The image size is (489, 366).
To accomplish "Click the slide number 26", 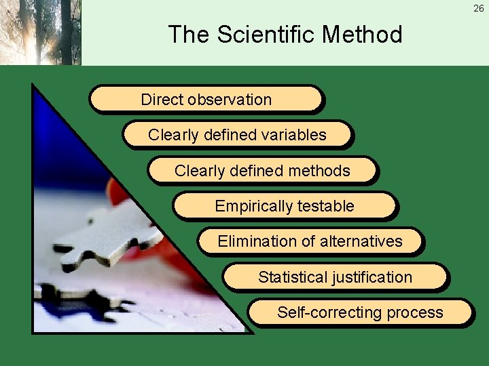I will point(478,8).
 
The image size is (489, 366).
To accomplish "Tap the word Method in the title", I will point(365,34).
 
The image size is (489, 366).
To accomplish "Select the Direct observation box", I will point(206,99).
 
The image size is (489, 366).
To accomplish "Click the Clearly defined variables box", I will point(237,134).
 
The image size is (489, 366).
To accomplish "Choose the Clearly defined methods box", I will point(262,170).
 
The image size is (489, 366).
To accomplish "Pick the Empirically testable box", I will point(285,205).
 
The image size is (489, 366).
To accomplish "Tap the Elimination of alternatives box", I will point(310,241).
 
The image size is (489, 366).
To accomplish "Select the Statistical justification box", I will point(335,277).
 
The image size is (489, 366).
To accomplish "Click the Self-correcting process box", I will point(360,312).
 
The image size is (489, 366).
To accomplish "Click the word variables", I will point(295,135).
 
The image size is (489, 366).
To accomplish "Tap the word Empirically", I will point(253,206).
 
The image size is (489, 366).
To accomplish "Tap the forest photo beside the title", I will point(40,32).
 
